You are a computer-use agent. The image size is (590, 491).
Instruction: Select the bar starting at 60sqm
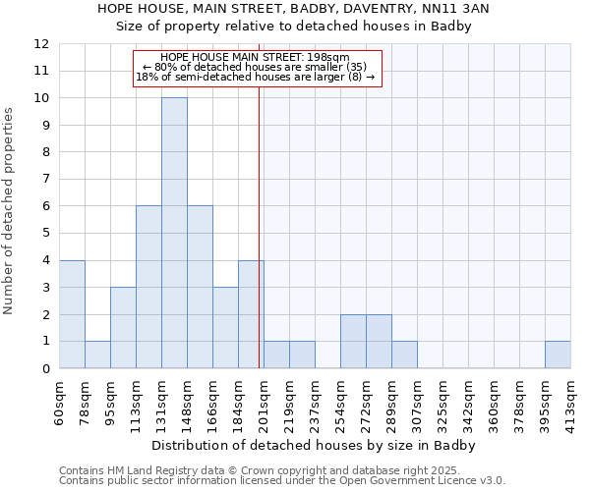coord(72,314)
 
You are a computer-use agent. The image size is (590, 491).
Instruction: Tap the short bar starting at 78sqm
coord(97,355)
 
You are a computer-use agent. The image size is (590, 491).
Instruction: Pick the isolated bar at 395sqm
coord(558,355)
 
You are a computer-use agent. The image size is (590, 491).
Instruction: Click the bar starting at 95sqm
coord(123,328)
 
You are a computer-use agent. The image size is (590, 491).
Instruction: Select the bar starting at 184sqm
coord(251,314)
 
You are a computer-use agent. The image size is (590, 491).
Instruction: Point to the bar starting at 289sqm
coord(404,355)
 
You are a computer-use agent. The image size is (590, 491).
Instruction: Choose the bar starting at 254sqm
coord(353,342)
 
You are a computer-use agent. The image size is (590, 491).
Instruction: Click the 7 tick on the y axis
coord(45,180)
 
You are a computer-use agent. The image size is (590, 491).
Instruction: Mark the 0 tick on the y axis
coord(45,368)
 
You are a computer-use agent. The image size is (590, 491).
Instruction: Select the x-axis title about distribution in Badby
coord(315,445)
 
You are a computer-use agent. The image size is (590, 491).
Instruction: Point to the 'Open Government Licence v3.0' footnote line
coord(282,481)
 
